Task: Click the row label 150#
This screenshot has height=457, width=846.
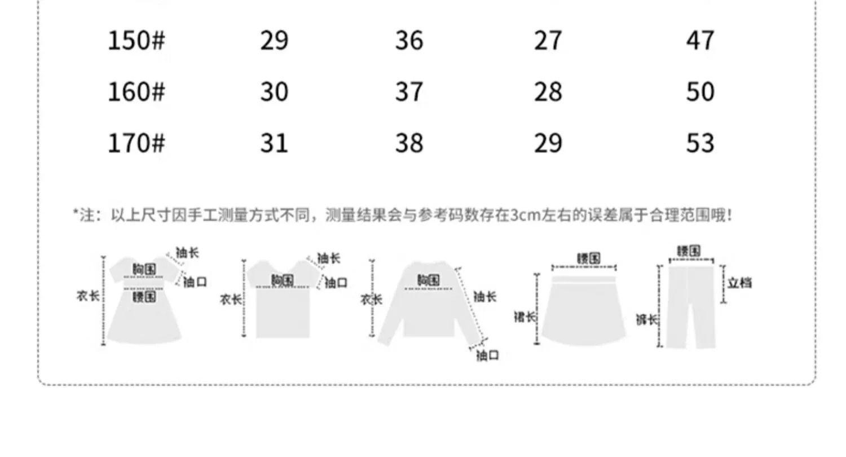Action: (x=136, y=41)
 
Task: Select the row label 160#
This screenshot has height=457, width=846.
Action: (x=136, y=92)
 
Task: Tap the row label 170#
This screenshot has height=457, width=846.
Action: (x=136, y=143)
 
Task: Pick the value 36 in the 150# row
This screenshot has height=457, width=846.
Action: (x=409, y=41)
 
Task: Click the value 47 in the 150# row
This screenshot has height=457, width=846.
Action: (x=700, y=41)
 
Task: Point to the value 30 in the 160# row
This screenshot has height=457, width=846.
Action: (x=274, y=92)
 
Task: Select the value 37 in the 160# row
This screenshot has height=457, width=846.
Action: (x=409, y=92)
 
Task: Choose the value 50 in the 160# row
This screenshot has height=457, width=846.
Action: (x=700, y=92)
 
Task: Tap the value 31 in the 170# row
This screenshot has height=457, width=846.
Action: (x=274, y=143)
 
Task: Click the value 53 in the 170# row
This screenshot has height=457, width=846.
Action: (x=700, y=143)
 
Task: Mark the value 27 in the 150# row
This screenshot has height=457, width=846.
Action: (x=548, y=41)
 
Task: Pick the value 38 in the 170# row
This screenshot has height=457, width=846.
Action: (x=409, y=143)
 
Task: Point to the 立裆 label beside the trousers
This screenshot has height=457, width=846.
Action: (x=739, y=283)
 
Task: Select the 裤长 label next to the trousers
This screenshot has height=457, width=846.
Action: (x=647, y=320)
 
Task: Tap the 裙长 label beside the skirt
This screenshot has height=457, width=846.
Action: (x=525, y=317)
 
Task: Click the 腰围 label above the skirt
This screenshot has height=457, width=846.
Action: (x=588, y=258)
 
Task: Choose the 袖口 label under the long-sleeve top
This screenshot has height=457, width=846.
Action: (x=488, y=355)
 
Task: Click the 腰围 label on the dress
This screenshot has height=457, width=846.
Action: (x=144, y=296)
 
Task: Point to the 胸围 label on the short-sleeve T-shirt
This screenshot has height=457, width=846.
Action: (x=282, y=280)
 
